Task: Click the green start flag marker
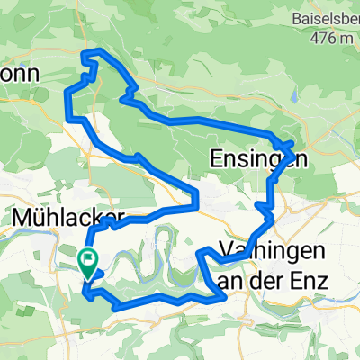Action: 88,261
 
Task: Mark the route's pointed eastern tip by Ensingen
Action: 295,144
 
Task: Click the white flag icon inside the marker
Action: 89,260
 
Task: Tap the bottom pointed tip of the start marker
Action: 88,274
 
